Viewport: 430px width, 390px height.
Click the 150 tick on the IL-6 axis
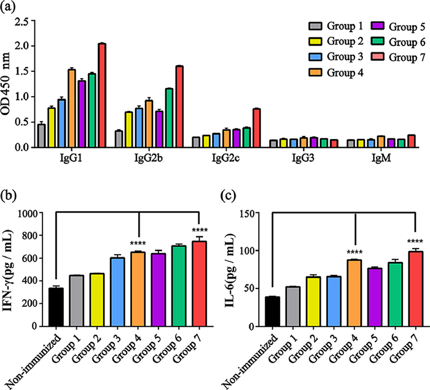pos(252,213)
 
